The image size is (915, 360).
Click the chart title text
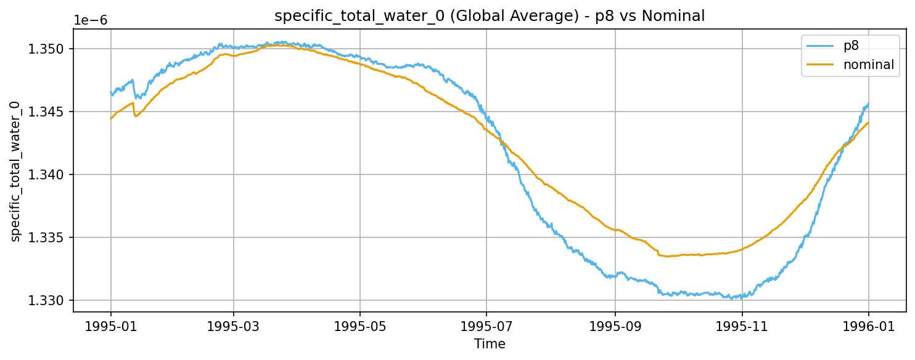[x=489, y=17]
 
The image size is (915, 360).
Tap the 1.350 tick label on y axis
[x=47, y=49]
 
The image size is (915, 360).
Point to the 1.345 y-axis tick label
[x=47, y=112]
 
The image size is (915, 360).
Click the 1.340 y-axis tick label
[x=47, y=174]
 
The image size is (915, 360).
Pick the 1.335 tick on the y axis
[x=47, y=237]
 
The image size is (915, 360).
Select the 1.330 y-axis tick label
[x=47, y=300]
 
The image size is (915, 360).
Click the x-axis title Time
[x=490, y=344]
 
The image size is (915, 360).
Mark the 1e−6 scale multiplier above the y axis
[x=91, y=20]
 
